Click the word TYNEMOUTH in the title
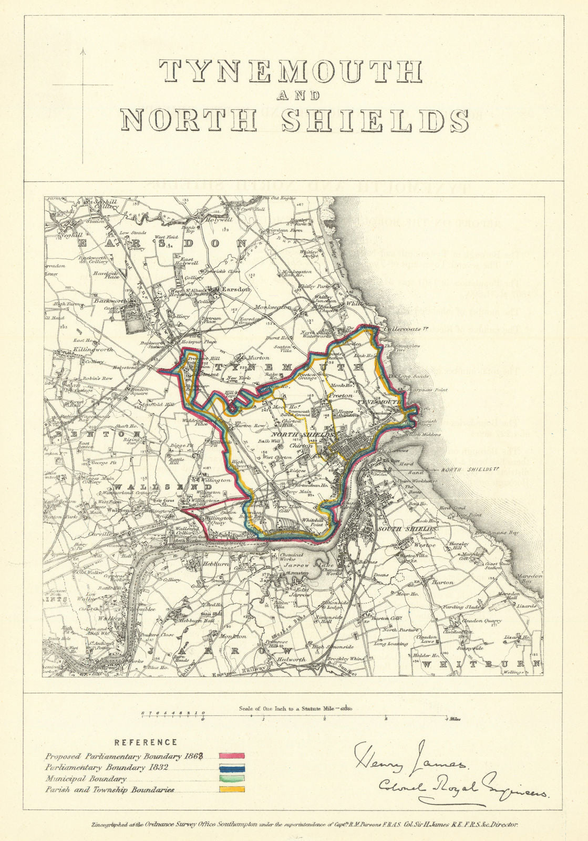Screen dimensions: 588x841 click(290, 71)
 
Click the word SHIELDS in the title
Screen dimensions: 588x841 click(374, 120)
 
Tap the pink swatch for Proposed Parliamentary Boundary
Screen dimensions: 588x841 click(231, 756)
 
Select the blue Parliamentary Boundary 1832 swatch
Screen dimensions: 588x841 click(231, 767)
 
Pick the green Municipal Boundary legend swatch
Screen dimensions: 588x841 click(231, 778)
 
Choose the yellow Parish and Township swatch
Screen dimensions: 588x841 click(231, 789)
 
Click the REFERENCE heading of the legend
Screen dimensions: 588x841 click(146, 742)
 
